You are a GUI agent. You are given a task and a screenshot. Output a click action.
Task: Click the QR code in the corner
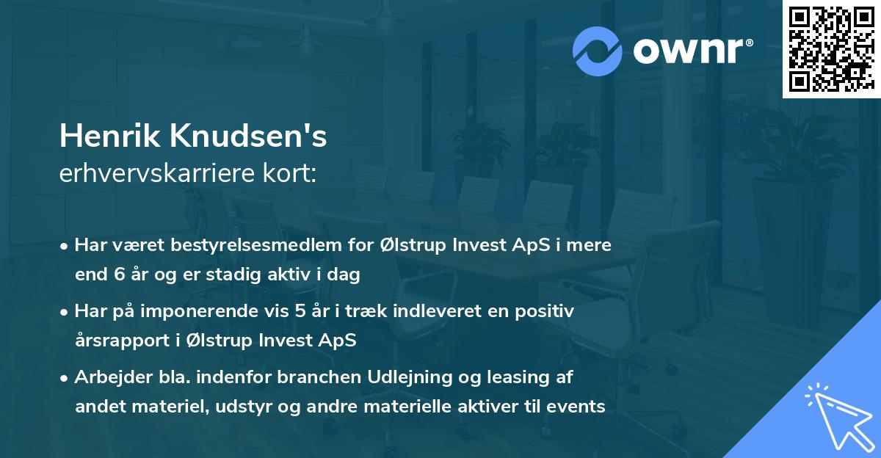pos(831,49)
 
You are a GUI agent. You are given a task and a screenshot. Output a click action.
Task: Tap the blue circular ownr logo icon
pos(597,51)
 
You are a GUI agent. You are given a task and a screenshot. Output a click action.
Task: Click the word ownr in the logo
pos(689,51)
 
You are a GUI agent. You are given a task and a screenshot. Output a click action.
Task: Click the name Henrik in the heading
pos(109,136)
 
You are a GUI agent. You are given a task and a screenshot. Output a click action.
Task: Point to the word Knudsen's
pos(248,136)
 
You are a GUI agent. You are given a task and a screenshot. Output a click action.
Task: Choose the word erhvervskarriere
pos(157,173)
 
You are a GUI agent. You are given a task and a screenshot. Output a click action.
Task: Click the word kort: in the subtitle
pos(289,173)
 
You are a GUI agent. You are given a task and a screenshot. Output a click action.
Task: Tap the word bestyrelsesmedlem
pos(256,245)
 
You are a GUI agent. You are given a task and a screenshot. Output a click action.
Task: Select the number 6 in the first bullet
pos(120,274)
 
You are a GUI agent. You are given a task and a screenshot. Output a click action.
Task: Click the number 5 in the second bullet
pos(300,311)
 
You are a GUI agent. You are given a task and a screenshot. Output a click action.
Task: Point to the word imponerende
pos(199,312)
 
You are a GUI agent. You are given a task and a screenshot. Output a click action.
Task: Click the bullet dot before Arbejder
pos(64,379)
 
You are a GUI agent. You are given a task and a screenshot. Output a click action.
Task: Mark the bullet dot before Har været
pos(64,247)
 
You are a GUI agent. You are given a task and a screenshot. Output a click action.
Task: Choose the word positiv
pos(544,312)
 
